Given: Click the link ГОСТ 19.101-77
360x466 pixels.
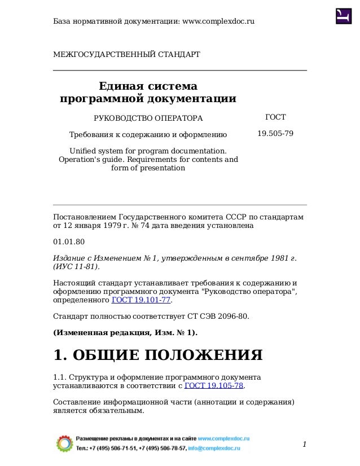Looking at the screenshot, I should (x=141, y=300).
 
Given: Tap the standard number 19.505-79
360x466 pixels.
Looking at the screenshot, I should (x=275, y=134).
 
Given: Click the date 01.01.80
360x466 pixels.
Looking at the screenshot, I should (x=68, y=241).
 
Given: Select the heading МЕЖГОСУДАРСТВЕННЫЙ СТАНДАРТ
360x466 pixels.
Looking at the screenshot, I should (x=126, y=54).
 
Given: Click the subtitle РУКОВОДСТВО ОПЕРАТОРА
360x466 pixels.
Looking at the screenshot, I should (x=148, y=118).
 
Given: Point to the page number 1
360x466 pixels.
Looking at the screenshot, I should (x=304, y=445).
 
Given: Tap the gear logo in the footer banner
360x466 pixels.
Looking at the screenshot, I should (x=65, y=443).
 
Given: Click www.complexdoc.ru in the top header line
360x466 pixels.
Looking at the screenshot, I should (x=218, y=21).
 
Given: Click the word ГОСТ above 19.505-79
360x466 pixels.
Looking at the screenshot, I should (x=275, y=117).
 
